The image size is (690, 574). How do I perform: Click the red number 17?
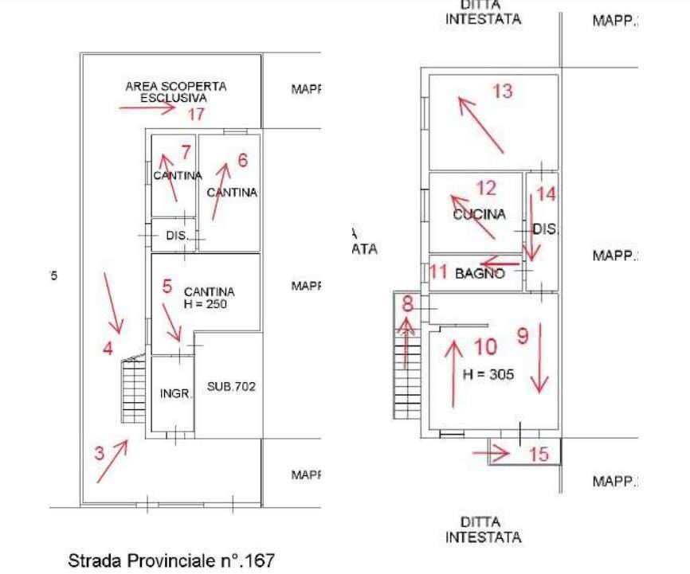coord(197,114)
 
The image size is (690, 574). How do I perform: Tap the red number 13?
coord(502,91)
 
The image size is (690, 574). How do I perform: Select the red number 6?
coord(242,160)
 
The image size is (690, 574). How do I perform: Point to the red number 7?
coord(186,151)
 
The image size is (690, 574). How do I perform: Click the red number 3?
coord(99,454)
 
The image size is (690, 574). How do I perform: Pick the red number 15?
coord(539,454)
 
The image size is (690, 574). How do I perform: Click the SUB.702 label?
coord(231,386)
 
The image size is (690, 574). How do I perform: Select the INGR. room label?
coord(175,393)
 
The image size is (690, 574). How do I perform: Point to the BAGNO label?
coord(480,273)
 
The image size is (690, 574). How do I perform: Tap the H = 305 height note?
coord(488,372)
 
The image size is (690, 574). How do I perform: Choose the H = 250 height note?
coord(209,303)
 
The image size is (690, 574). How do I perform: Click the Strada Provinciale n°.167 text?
coord(171,560)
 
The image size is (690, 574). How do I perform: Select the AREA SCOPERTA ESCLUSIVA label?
coord(175,92)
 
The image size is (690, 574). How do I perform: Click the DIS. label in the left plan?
coord(176,236)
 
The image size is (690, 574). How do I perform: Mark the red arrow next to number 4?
coord(114,303)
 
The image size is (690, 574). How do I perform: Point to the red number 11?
coord(438,271)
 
